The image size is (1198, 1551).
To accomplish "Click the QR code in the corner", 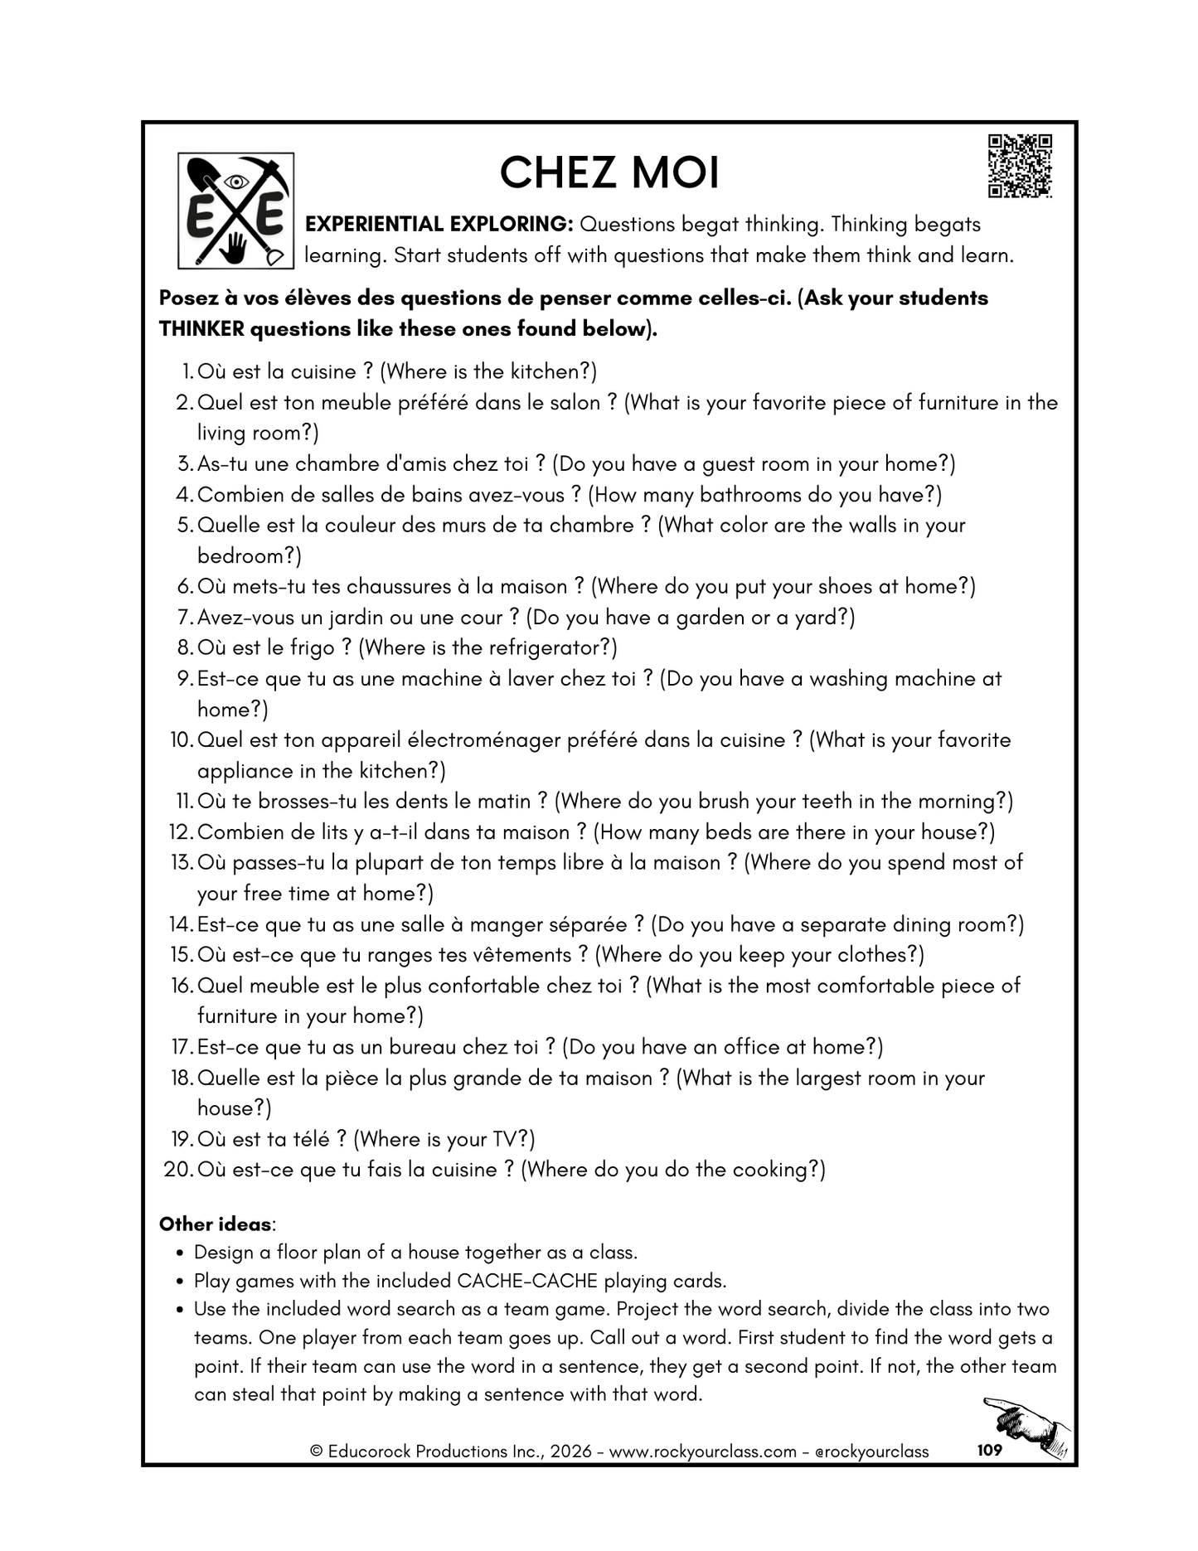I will click(x=1020, y=166).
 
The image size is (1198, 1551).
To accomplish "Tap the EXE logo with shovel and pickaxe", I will click(x=236, y=211).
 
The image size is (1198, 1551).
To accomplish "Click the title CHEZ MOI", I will click(x=609, y=173).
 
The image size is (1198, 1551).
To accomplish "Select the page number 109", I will click(x=990, y=1450).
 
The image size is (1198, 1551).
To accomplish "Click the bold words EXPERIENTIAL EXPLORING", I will click(x=439, y=225).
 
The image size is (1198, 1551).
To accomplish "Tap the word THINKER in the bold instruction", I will click(x=201, y=329).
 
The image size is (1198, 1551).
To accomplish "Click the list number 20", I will click(x=178, y=1170).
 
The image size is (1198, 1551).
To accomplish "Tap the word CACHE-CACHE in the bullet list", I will click(x=527, y=1281).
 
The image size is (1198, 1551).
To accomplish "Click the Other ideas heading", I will click(x=215, y=1224).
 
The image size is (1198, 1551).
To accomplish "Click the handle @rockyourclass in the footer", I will click(x=871, y=1452).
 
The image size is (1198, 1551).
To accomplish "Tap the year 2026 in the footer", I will click(x=571, y=1452).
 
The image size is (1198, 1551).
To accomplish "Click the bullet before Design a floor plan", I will click(x=180, y=1253).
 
